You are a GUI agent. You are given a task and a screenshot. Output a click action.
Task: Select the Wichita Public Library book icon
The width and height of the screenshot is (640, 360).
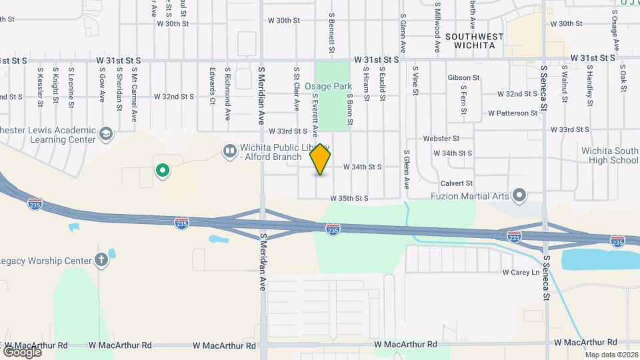(229, 151)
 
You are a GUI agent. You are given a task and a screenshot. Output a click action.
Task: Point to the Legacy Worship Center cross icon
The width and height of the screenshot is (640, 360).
(101, 260)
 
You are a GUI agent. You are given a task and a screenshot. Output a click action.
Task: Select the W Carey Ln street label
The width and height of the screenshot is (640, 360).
(521, 272)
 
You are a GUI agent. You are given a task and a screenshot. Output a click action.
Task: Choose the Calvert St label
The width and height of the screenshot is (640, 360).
(457, 183)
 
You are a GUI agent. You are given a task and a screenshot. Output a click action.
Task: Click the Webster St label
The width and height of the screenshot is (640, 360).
(441, 139)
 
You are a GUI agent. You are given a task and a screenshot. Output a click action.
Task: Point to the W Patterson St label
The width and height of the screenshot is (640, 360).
(512, 113)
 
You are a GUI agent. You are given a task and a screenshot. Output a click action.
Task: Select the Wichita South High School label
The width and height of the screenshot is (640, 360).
(609, 155)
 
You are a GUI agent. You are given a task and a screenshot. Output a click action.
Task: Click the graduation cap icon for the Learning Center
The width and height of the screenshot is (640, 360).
(105, 135)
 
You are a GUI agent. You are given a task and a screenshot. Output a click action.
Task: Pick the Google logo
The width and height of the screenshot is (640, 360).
(22, 351)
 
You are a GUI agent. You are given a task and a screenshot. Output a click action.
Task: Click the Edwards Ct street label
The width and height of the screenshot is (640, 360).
(212, 85)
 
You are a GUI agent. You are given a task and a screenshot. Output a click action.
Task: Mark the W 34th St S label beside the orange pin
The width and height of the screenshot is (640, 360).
(362, 167)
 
